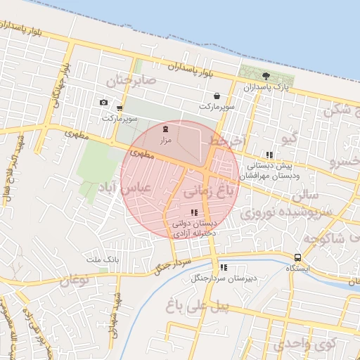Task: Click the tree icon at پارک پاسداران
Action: point(266,76)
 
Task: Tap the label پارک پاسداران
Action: point(266,87)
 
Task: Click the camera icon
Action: point(104,103)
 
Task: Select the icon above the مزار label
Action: point(165,129)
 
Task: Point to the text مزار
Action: point(164,140)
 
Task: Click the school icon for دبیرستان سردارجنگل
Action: point(224,267)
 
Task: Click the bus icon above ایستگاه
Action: point(298,257)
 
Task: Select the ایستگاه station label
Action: point(300,269)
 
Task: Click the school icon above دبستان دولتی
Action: point(194,212)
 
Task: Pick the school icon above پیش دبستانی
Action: point(269,155)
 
